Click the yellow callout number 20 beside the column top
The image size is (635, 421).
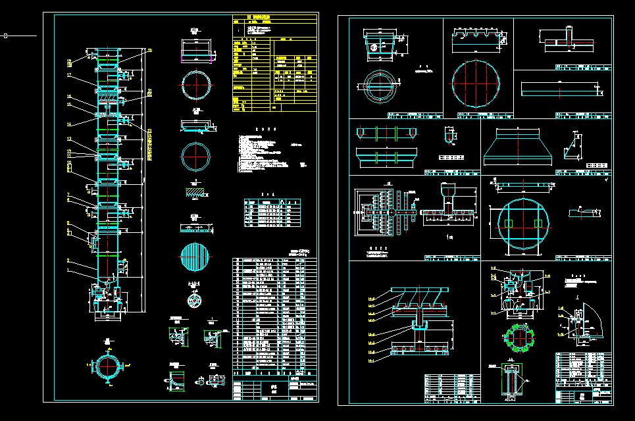coord(150,50)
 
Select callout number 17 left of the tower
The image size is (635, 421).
coord(68,76)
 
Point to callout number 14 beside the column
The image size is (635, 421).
coord(68,123)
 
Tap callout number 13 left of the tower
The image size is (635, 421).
coord(68,139)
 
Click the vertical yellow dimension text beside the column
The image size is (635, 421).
coord(149,145)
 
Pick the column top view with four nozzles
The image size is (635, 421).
coord(107,364)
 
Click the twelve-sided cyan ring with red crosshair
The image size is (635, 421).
coord(197,157)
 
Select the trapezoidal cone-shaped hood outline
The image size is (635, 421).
coord(519,147)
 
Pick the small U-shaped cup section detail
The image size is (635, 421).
coord(450,136)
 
